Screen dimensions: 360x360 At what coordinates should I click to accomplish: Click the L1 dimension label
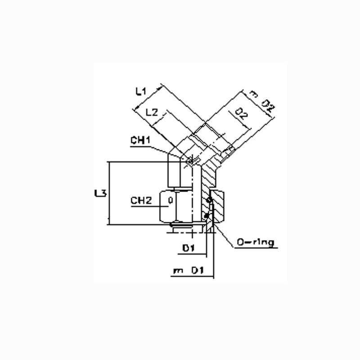[141, 92]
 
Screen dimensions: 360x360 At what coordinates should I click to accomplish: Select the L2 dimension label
[152, 112]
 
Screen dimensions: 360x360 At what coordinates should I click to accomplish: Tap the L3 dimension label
[100, 193]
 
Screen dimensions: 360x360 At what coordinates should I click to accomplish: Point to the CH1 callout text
[140, 140]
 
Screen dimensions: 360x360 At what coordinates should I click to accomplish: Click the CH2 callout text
[141, 200]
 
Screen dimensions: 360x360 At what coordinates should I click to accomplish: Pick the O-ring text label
[255, 243]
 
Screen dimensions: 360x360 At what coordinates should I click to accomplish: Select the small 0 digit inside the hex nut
[171, 200]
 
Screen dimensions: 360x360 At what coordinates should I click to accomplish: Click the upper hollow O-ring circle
[209, 200]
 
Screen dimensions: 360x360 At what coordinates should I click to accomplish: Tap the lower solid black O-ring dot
[207, 216]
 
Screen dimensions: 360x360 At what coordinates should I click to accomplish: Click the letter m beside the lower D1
[178, 271]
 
